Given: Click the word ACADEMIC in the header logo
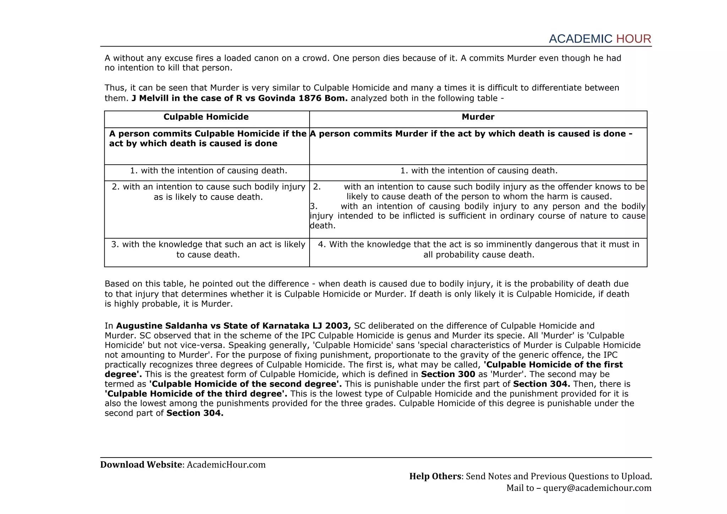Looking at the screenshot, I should [580, 39].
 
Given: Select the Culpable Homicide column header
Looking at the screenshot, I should [206, 117].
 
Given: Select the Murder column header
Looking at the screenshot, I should [478, 117].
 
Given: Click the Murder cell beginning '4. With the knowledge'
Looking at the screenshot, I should [478, 250].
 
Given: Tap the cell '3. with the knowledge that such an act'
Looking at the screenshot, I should [208, 250].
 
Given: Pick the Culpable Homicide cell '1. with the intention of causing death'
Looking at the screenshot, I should [208, 171].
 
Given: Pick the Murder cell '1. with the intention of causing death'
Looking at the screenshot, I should [479, 171].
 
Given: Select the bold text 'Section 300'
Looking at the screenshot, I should [448, 374].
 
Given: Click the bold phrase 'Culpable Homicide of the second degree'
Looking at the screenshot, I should [245, 384].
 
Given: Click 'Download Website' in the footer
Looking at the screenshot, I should [141, 465].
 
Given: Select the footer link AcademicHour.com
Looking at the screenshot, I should [226, 465].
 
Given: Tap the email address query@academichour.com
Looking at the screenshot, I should [597, 488].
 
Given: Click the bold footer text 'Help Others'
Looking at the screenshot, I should [435, 476].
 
